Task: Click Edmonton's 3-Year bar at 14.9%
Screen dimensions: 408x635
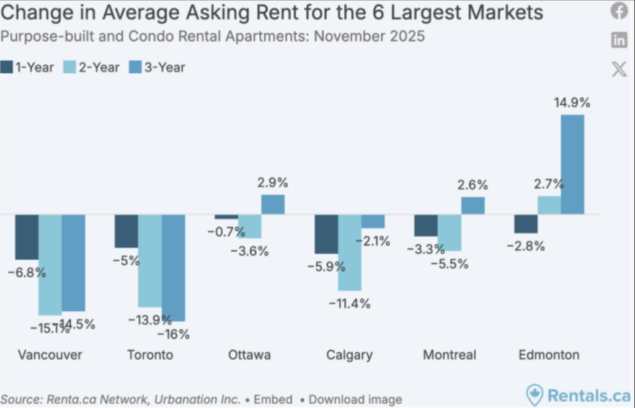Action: (x=572, y=164)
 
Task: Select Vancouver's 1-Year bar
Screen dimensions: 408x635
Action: (x=27, y=237)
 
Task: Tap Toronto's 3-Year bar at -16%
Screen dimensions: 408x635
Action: (x=174, y=267)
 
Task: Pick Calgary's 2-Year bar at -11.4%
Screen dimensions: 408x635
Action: (x=350, y=252)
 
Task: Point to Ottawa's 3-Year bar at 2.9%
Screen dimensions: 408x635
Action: (x=273, y=205)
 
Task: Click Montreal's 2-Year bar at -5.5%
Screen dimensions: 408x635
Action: (x=450, y=233)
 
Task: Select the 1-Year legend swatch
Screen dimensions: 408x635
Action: (x=7, y=68)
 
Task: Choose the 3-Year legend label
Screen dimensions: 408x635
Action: (x=164, y=68)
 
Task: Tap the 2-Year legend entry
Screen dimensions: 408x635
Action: (x=92, y=68)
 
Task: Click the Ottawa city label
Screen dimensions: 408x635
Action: (x=249, y=355)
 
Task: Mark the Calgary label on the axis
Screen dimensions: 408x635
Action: (x=349, y=355)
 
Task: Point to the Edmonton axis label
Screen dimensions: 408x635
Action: (x=549, y=355)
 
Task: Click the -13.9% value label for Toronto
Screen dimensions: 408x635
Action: (x=150, y=320)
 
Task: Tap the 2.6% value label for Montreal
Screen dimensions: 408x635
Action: (x=473, y=185)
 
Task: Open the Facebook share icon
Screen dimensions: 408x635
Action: (x=619, y=11)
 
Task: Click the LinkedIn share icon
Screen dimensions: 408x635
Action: (x=619, y=40)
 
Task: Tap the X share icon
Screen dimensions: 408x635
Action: (x=619, y=68)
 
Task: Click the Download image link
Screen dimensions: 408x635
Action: (x=355, y=399)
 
